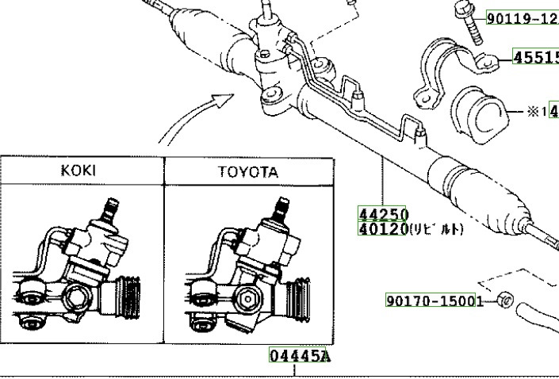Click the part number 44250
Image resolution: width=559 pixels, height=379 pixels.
click(384, 214)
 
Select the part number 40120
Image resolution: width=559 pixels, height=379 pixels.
click(384, 228)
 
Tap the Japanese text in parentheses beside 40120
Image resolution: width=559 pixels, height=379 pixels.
click(437, 229)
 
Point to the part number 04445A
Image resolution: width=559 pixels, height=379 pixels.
click(298, 356)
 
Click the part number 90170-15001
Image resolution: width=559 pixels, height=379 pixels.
click(435, 301)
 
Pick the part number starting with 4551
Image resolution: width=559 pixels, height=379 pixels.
click(535, 57)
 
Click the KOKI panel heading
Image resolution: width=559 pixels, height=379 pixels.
click(82, 171)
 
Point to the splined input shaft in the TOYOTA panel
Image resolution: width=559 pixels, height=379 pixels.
click(280, 210)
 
